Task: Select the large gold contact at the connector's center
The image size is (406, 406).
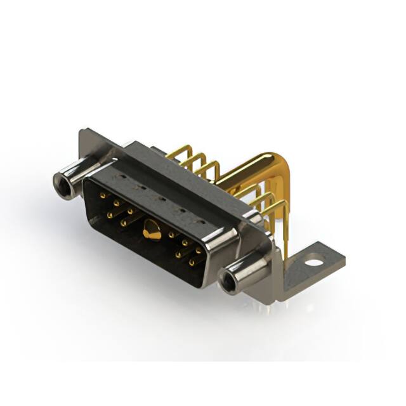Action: point(152,231)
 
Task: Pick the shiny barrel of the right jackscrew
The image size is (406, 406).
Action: point(244,272)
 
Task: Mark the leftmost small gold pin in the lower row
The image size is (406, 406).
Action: point(110,216)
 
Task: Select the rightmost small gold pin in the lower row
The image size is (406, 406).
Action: point(191,261)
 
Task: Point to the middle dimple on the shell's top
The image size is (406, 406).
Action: point(162,198)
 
